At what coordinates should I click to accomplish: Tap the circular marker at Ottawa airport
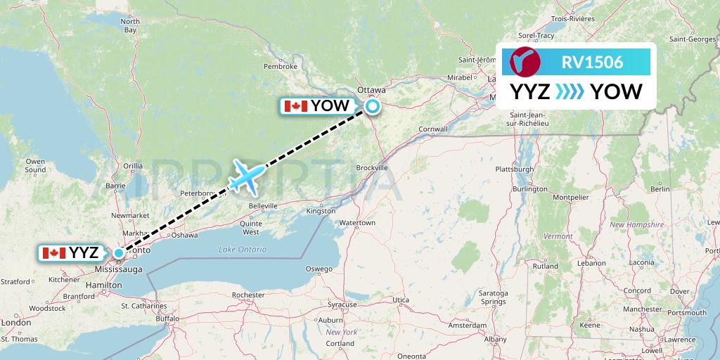tap(371, 107)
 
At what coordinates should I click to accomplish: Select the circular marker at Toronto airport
tap(120, 252)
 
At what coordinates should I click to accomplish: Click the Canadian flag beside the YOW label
tap(295, 106)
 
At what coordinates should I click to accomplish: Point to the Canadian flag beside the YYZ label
tap(53, 253)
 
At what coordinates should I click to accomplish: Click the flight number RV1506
tap(592, 62)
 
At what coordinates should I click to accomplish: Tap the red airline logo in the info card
tap(525, 62)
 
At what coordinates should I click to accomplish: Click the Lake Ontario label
tap(243, 250)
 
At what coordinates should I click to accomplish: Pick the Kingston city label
tap(320, 211)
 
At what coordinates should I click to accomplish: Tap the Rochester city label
tap(247, 295)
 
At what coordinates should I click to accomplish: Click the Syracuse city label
tap(342, 304)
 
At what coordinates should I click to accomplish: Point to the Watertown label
tap(357, 223)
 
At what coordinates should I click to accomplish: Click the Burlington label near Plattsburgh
tap(529, 188)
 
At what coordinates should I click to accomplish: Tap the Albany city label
tap(495, 339)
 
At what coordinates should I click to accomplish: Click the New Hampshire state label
tap(636, 224)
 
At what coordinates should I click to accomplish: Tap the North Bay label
tap(130, 26)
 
